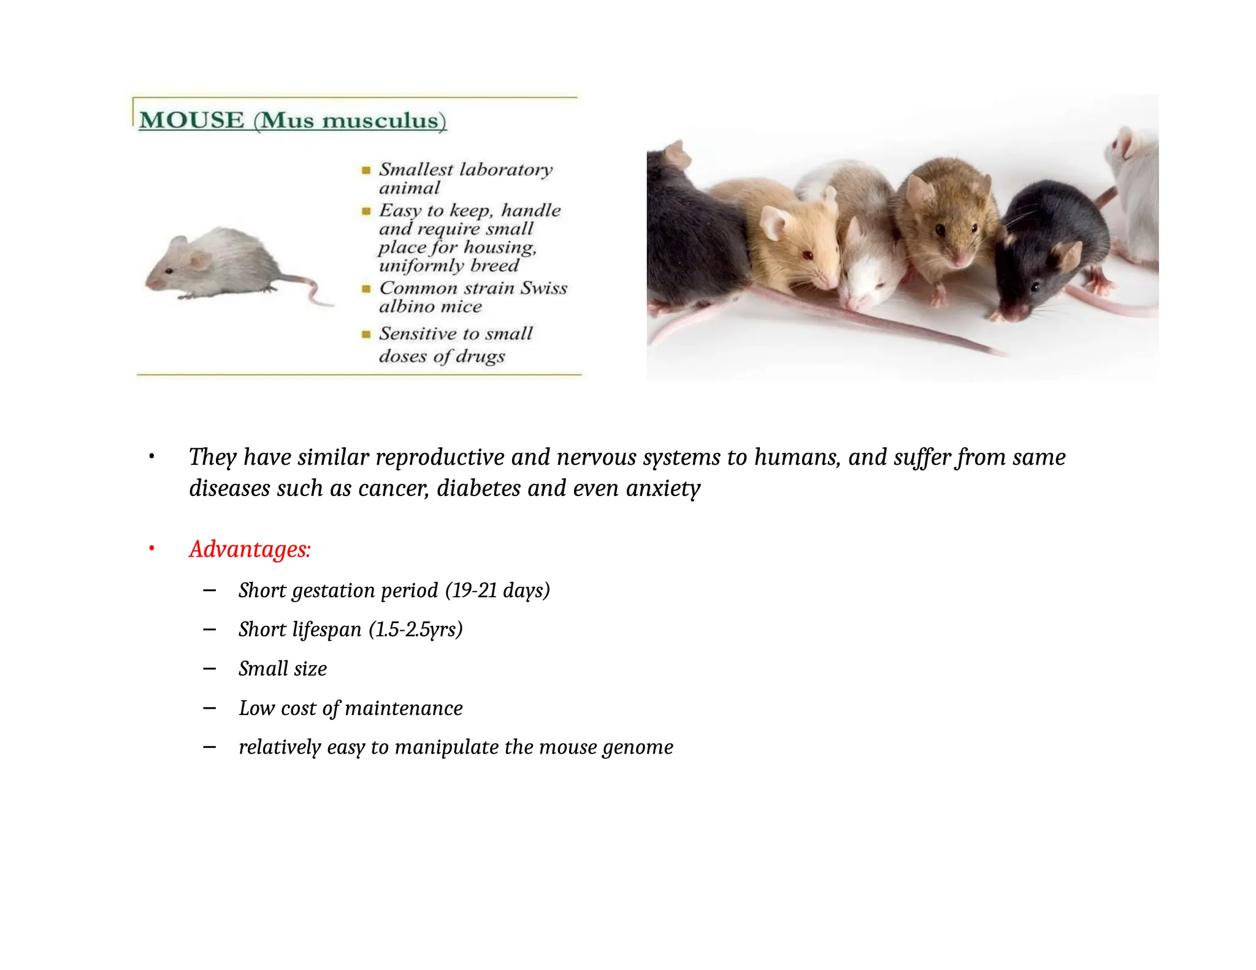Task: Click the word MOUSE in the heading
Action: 191,120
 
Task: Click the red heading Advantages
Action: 250,549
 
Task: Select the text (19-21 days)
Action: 497,590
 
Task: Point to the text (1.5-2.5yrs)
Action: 415,630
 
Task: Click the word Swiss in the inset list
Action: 544,288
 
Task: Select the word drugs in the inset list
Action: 480,356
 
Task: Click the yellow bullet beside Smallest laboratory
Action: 366,170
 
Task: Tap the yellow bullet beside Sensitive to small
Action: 366,334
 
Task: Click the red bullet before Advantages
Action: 151,549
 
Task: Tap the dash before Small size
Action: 209,669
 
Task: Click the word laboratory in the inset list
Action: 506,170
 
